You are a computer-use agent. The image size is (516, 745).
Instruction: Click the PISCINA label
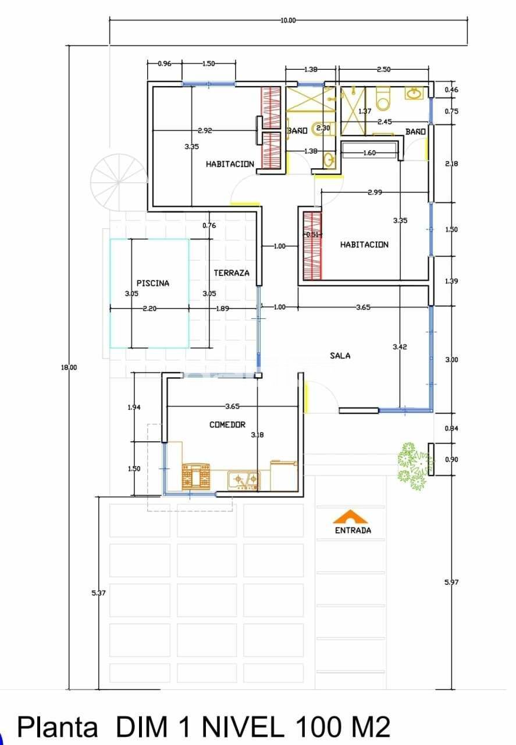[153, 283]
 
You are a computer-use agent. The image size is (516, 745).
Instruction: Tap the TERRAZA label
[231, 273]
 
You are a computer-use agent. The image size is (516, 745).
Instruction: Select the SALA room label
[340, 356]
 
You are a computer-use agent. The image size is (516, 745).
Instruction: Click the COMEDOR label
[227, 425]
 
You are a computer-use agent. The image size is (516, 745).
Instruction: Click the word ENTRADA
[353, 530]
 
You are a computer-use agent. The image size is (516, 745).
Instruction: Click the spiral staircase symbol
[119, 182]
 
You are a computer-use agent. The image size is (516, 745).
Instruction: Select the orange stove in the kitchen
[195, 476]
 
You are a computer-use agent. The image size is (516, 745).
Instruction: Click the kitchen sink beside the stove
[244, 480]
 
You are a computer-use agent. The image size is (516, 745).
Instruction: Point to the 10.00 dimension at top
[288, 20]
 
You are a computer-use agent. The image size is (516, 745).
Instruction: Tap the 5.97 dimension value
[451, 582]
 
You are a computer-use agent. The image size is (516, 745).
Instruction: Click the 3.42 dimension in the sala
[400, 347]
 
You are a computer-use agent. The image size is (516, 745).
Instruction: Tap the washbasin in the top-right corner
[414, 93]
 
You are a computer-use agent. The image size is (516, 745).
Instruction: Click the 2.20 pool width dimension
[150, 308]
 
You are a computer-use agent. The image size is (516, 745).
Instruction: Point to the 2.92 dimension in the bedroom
[204, 131]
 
